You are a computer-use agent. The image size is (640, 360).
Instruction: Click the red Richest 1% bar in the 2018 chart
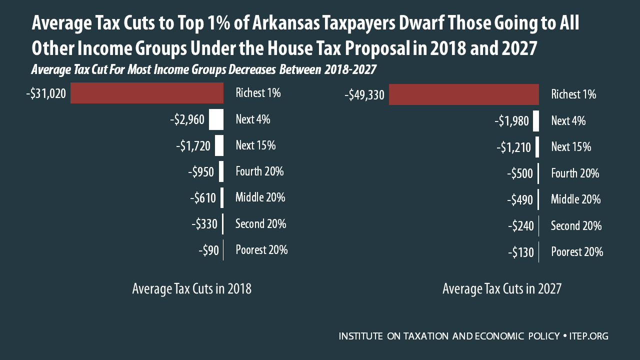146,93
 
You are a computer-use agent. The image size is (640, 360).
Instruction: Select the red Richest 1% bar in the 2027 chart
463,94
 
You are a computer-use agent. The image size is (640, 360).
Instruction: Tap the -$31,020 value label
46,93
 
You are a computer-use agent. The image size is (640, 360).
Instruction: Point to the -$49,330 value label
364,95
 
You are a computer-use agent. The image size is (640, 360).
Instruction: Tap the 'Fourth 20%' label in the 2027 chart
575,173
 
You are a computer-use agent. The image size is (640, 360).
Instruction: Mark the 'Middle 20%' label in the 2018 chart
260,197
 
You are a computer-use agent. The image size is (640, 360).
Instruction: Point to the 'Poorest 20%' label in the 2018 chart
261,250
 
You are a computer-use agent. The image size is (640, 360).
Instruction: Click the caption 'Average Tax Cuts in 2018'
191,289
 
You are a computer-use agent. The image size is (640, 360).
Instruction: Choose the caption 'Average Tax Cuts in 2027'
502,289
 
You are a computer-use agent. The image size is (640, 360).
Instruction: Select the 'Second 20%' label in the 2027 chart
576,226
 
